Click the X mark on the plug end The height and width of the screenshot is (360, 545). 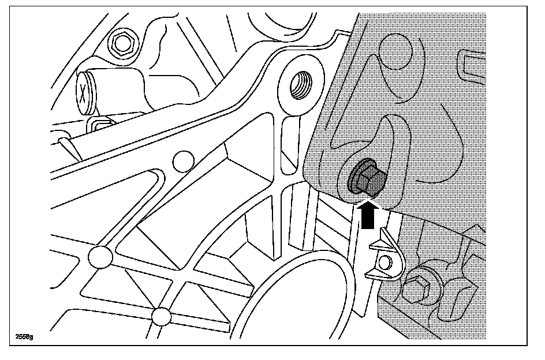click(85, 92)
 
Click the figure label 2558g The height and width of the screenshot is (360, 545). click(24, 336)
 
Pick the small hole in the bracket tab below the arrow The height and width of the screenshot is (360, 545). click(386, 263)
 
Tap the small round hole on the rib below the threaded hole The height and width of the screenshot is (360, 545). click(182, 160)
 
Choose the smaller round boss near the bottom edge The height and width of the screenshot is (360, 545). click(162, 316)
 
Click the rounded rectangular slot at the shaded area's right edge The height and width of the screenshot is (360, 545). click(468, 65)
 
